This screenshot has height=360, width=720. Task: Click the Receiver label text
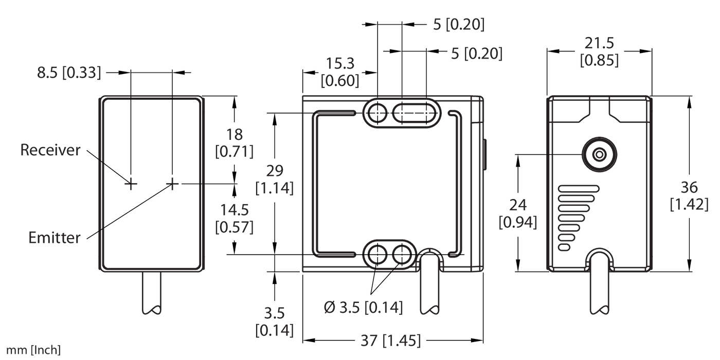50,150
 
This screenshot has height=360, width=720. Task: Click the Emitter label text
55,238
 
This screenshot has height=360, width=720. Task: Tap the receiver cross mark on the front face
131,183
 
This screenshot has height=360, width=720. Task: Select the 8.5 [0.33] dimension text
68,73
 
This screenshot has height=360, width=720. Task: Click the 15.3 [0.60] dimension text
339,71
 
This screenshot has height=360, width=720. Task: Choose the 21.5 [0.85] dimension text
599,52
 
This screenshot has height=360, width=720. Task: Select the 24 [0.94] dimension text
518,213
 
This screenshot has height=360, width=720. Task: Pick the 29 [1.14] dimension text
274,179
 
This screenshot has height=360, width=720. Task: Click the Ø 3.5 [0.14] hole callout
363,308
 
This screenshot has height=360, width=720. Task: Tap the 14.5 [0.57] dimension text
235,218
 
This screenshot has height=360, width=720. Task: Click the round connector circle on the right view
599,154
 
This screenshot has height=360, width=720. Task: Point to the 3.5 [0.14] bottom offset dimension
274,321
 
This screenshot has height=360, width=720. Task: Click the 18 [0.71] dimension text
235,143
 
